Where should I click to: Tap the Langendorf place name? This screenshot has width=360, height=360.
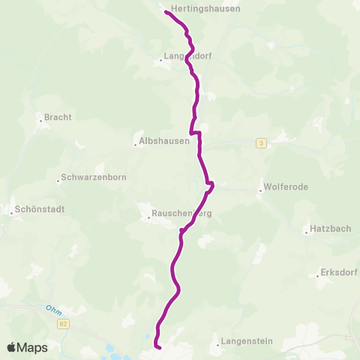184,55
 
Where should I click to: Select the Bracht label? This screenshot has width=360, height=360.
58,117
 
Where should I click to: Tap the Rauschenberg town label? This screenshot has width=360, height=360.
181,214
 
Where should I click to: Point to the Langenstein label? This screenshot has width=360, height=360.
246,342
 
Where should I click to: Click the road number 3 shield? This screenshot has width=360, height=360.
261,143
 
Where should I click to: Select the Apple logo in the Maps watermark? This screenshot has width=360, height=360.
13,347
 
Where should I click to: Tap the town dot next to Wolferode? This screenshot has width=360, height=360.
260,190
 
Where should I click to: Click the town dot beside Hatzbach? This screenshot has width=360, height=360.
307,233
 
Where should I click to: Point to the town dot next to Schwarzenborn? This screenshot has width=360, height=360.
58,181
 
